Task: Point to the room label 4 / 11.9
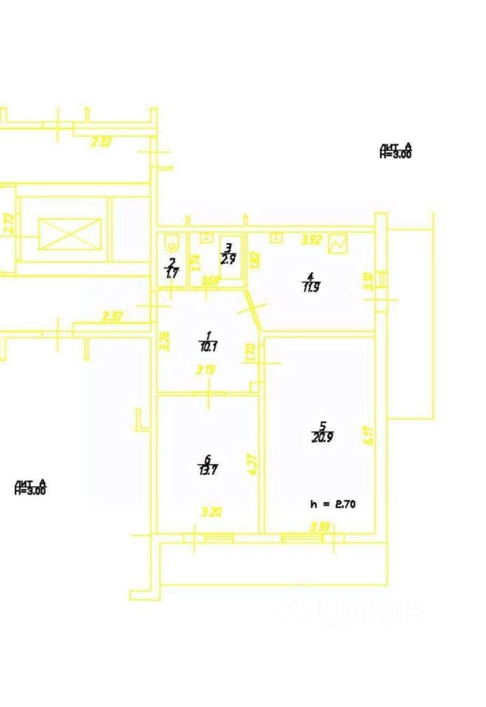[311, 283]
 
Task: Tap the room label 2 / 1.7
[172, 267]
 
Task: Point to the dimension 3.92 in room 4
[313, 239]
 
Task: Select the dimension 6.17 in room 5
[368, 435]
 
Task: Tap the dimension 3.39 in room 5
[320, 527]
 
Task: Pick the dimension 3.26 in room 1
[164, 340]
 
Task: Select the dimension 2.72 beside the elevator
[9, 224]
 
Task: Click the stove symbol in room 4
[339, 244]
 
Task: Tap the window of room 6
[218, 538]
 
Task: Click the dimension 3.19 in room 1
[205, 372]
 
